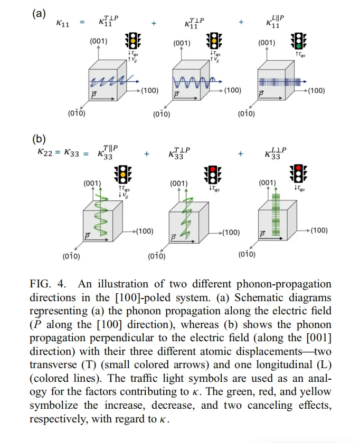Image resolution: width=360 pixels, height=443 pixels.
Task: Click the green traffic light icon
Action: (298, 41)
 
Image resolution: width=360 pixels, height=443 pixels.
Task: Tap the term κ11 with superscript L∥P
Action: (275, 22)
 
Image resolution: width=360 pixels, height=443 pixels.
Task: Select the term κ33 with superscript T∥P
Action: (108, 152)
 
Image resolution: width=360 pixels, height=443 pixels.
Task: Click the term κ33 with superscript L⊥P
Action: (276, 153)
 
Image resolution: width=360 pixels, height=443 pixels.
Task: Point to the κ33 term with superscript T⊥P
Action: (179, 153)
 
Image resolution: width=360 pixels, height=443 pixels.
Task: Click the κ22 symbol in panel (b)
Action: (45, 152)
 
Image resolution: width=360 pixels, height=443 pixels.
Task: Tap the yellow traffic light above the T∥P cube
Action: (123, 175)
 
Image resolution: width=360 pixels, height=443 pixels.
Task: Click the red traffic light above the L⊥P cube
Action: (298, 174)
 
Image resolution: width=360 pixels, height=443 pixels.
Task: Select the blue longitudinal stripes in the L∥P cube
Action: (280, 82)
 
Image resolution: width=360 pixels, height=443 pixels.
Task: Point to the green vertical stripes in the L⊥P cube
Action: (276, 214)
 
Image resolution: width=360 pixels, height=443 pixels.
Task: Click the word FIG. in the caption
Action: (41, 284)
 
